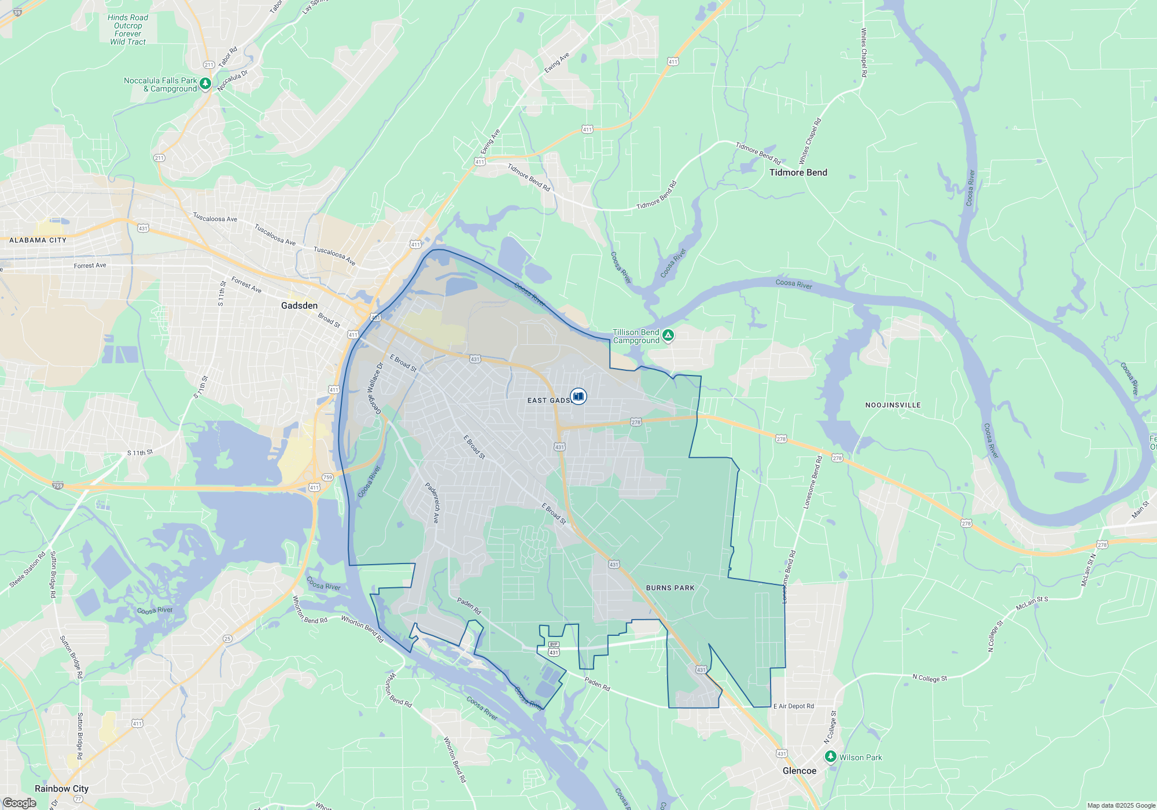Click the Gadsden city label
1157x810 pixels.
(x=299, y=305)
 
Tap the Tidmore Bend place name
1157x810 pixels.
(x=798, y=172)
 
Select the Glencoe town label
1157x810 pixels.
(x=799, y=771)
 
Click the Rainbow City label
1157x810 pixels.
(x=61, y=789)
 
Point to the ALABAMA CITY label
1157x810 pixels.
(x=38, y=240)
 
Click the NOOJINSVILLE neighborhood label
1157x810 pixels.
(x=893, y=405)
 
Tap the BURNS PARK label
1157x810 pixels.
(x=670, y=588)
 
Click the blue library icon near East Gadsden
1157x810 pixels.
(x=578, y=396)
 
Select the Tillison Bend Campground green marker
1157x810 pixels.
(x=668, y=335)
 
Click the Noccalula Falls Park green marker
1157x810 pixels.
(x=205, y=84)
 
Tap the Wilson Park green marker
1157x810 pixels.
(x=831, y=757)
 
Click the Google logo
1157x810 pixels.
(x=19, y=803)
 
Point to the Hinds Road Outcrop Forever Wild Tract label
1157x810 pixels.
(x=128, y=30)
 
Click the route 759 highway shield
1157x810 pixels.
(x=327, y=477)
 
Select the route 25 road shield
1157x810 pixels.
(x=227, y=639)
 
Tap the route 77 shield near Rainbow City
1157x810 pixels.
(x=79, y=799)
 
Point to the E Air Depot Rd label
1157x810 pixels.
(x=793, y=706)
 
